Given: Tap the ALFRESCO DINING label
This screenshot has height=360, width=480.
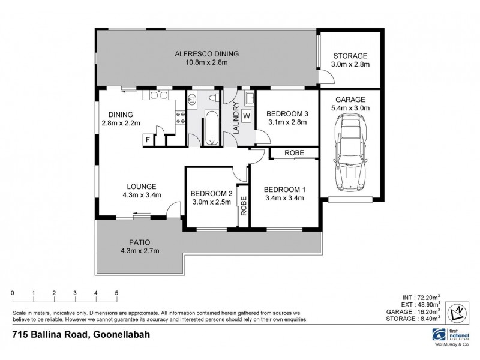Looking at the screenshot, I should point(207,54).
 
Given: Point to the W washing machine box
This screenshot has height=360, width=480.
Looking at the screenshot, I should point(246,116).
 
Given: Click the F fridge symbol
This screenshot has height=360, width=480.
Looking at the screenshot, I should point(147,140).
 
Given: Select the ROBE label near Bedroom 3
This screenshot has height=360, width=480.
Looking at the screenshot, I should point(293,154).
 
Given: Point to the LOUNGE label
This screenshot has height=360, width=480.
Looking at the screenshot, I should point(142,186).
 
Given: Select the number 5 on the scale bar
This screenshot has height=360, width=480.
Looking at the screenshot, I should point(116,293).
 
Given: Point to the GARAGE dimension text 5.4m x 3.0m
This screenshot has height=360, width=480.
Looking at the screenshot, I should point(349,108).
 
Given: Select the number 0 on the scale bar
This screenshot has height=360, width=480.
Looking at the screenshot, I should point(13,293).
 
